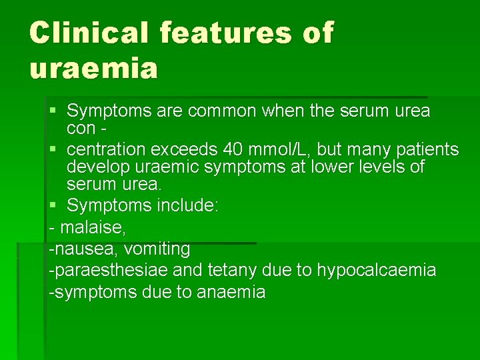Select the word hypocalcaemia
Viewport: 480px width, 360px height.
[x=376, y=270]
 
